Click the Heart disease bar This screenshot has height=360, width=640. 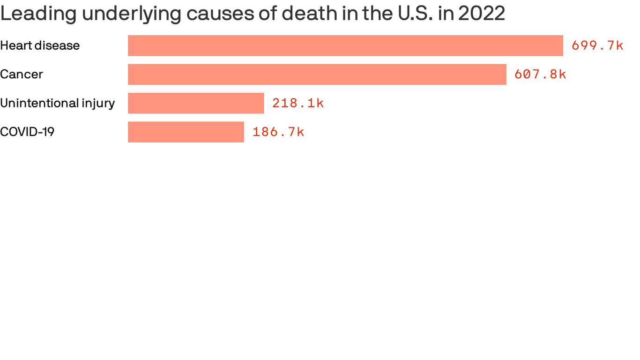coord(345,45)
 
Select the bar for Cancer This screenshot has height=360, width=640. coord(317,74)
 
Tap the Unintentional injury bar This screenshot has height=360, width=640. coord(196,103)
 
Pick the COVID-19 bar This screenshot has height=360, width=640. coord(186,132)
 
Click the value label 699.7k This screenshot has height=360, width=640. coord(597,45)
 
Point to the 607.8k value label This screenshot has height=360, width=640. coord(540,74)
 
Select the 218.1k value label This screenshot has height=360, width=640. coord(298,103)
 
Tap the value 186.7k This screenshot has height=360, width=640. coord(278,132)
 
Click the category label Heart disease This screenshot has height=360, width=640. coord(40,45)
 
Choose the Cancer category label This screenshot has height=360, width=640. coord(22,74)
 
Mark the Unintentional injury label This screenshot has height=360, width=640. coord(57,103)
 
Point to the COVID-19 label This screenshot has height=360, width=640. coord(27,132)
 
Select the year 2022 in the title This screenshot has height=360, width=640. coord(482,14)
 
